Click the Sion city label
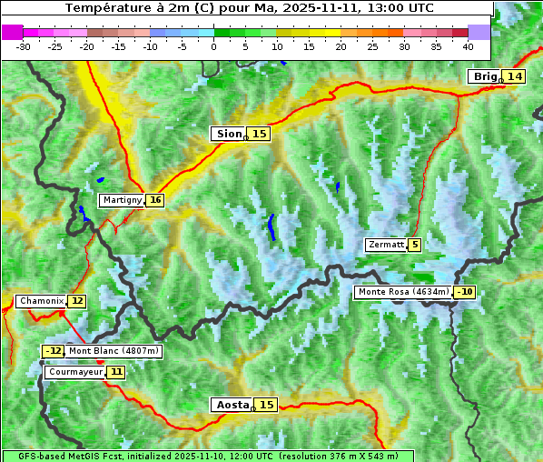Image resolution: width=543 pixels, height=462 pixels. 228,134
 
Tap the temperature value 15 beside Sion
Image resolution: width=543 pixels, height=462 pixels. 260,134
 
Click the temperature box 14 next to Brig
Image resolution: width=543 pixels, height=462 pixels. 515,76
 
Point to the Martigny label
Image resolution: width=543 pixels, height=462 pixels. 122,200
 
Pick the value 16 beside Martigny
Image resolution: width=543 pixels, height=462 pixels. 155,200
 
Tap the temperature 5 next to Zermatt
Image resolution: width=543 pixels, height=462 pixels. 415,245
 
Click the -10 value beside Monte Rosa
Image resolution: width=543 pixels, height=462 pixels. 465,292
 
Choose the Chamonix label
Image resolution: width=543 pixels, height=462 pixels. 41,301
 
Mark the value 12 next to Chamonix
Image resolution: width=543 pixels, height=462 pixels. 77,301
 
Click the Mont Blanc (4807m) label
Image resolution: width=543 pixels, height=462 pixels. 114,351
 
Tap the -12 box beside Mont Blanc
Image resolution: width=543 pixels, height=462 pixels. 54,351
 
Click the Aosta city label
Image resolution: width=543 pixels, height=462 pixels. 231,405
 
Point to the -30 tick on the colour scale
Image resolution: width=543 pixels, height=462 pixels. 24,45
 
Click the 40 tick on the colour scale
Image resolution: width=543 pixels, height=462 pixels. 468,45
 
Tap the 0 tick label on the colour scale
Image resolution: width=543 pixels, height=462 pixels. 214,45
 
